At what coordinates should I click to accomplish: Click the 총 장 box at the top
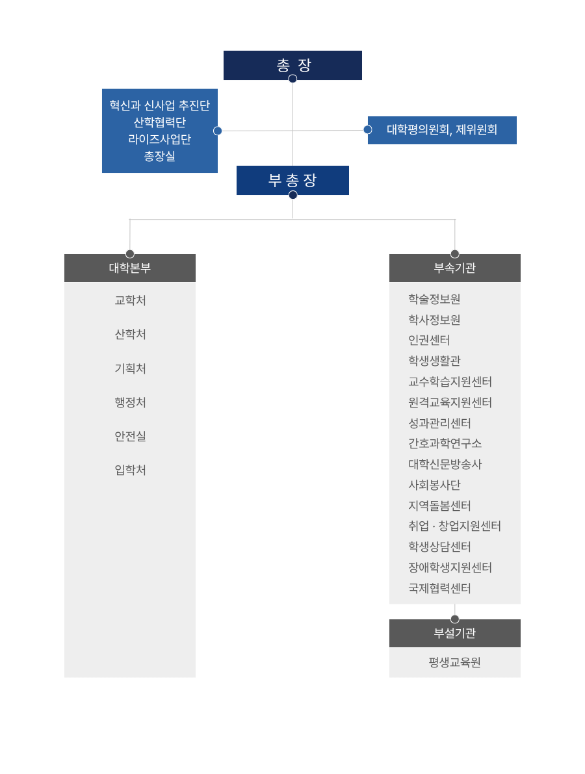292,65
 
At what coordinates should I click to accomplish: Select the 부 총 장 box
292,180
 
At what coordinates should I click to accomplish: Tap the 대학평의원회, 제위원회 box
442,131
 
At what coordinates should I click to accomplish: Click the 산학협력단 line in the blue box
159,122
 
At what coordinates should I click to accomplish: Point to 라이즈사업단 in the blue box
159,139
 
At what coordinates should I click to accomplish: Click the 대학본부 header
130,268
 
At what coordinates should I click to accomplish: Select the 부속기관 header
454,268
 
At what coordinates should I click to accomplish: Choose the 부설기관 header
454,634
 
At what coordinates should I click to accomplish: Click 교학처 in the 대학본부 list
131,300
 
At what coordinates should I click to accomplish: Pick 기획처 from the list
131,368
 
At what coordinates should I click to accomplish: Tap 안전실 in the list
131,436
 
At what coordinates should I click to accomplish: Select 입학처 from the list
131,470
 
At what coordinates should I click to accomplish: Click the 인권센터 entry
429,340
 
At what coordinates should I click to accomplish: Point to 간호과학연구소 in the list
445,443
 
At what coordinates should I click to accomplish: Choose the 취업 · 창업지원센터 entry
454,526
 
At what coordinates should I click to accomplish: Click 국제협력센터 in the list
439,588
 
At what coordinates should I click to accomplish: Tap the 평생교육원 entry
454,662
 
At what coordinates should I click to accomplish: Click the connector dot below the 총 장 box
292,79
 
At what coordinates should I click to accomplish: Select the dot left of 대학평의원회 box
368,130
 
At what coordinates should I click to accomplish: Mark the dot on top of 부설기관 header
454,619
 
